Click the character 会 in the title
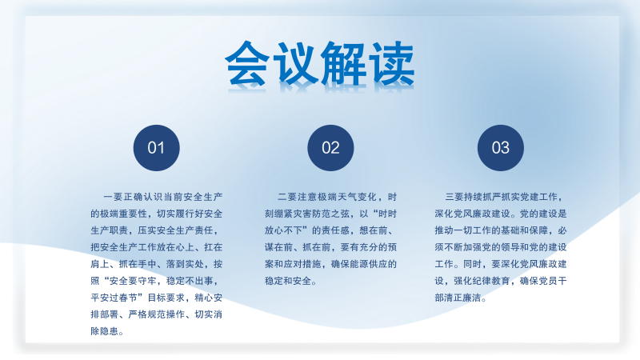pos(247,63)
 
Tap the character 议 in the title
pos(295,63)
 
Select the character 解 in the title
pos(343,63)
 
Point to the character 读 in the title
pos(391,63)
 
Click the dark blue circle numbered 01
pos(156,148)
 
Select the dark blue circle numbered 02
pos(330,148)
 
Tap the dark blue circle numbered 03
pos(501,148)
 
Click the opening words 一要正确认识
pos(134,197)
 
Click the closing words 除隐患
pos(105,331)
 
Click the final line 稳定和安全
pos(288,282)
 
